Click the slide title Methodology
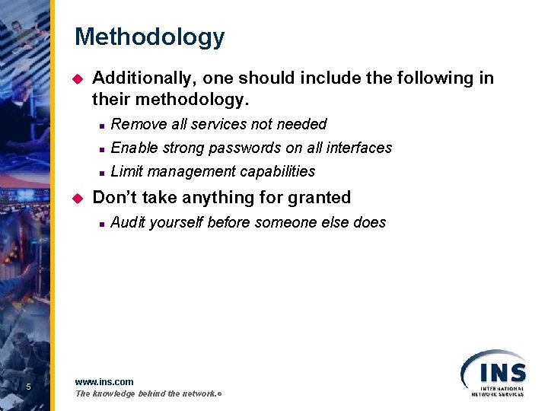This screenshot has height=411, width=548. coord(149,37)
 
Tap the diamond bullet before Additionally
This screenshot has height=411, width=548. coord(75,78)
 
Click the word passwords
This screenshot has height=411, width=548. coord(245,148)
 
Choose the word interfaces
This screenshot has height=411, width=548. coord(359,148)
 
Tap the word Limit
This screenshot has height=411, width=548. coord(126,171)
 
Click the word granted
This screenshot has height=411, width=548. coord(318,197)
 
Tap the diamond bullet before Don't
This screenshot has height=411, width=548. coord(75,198)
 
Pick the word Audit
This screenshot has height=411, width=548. coord(128,222)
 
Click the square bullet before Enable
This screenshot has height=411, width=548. coord(100,148)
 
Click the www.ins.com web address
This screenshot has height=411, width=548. coord(104,381)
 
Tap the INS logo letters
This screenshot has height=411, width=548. coord(502,373)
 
